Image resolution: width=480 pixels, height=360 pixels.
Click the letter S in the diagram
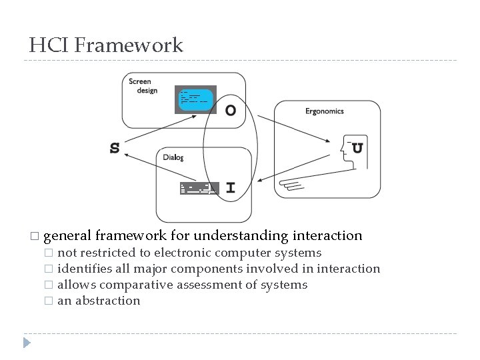(115, 148)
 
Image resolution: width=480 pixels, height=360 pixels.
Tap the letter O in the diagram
(230, 111)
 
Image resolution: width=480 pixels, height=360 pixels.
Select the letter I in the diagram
(230, 188)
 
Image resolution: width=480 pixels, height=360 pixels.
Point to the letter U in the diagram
(357, 148)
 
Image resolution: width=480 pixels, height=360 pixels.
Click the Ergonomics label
(324, 111)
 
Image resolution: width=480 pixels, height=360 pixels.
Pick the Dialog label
(173, 158)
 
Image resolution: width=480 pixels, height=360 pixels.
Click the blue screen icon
(195, 99)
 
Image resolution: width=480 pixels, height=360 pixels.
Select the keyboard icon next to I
(198, 188)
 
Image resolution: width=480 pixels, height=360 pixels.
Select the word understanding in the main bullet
(238, 235)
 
